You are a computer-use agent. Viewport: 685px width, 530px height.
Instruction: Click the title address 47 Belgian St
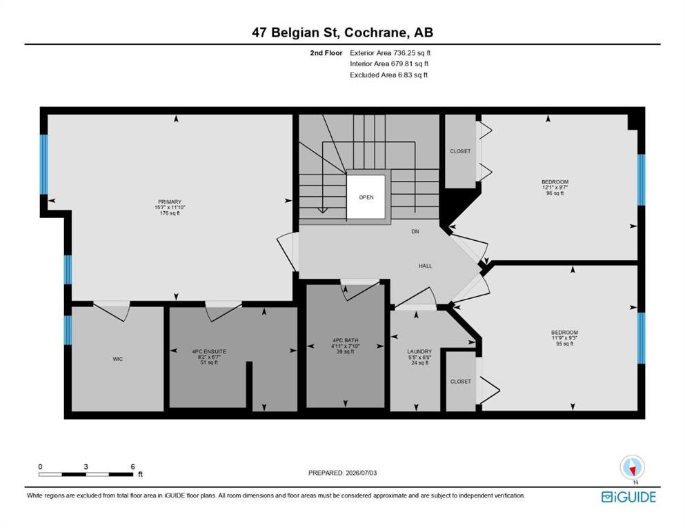click(297, 32)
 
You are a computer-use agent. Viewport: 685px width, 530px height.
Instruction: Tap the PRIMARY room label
click(170, 202)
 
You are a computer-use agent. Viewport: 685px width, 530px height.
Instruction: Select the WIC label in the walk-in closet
click(117, 359)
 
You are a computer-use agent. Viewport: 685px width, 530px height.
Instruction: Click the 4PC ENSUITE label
click(209, 351)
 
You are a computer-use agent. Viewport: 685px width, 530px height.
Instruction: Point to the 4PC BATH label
click(345, 340)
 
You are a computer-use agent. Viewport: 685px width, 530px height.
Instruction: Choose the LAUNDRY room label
click(419, 351)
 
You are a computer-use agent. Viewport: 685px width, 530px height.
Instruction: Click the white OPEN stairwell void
click(366, 197)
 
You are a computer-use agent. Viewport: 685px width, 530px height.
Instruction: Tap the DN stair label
click(415, 232)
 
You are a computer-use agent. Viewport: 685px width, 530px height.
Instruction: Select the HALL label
click(425, 266)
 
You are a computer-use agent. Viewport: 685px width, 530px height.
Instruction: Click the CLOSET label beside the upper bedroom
click(460, 151)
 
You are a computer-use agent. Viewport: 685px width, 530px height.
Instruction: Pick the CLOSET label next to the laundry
click(460, 382)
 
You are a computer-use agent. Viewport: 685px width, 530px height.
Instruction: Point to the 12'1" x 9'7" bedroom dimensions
click(555, 188)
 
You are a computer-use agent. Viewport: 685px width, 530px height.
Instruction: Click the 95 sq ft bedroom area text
click(564, 344)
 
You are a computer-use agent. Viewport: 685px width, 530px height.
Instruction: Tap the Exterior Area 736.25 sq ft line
click(390, 53)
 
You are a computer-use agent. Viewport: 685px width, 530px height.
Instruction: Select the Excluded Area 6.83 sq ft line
click(388, 75)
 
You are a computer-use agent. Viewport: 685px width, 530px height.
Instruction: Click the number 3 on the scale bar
click(86, 467)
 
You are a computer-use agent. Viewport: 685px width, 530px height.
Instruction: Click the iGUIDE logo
click(628, 498)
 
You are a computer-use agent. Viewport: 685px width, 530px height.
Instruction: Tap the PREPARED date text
click(342, 473)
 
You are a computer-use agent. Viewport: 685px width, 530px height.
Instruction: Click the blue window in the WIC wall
click(68, 330)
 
